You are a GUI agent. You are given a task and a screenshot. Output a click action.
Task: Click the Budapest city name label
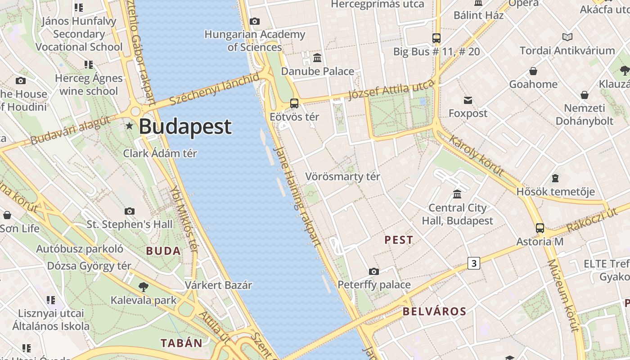185,127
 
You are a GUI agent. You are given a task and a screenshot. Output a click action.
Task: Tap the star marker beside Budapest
130,126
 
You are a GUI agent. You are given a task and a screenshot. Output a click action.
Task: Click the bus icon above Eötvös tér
294,103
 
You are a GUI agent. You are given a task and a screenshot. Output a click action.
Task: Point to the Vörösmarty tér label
343,176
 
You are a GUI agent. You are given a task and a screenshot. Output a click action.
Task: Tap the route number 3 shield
473,263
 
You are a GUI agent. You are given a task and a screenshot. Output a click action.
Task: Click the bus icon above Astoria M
540,228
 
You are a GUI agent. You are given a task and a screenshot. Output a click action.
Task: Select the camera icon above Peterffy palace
373,271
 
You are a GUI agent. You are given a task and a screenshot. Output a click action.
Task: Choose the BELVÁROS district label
434,311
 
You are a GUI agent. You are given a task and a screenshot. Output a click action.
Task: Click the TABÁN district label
182,343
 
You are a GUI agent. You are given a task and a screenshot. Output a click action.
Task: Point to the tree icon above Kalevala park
143,287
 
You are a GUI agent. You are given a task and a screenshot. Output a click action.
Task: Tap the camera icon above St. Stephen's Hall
130,211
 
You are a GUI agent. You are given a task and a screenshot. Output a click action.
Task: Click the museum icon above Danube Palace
317,58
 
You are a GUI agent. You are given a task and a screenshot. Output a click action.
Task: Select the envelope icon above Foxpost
468,100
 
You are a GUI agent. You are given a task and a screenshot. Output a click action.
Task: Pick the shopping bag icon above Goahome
533,71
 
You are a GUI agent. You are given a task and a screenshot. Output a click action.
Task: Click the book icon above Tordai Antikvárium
567,37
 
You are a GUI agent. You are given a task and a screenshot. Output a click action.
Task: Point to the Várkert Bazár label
218,285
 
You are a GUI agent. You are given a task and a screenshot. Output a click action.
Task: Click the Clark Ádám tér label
160,153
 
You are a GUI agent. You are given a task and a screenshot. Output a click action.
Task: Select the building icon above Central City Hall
457,194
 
